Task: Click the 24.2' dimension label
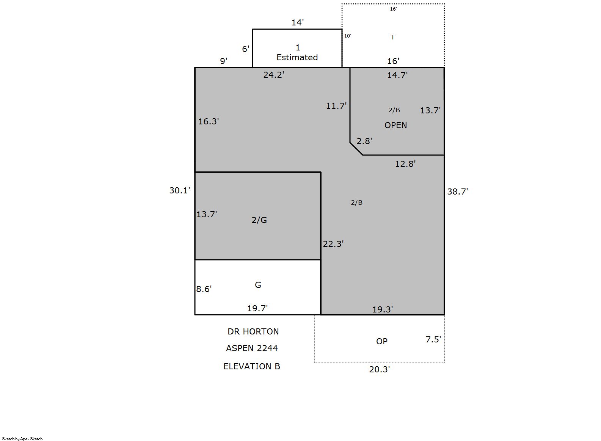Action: coord(274,75)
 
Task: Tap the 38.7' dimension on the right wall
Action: coord(457,191)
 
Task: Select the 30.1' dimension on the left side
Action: coord(179,190)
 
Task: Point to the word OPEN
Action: coord(396,125)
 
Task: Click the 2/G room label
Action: coord(259,220)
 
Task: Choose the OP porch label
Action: coord(382,341)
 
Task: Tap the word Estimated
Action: coord(297,57)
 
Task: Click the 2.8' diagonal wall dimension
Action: coord(364,141)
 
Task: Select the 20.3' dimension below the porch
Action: coord(380,369)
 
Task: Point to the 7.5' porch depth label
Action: coord(433,339)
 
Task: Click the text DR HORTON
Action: coord(253,331)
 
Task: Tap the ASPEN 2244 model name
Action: coord(252,348)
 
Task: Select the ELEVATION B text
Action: coord(252,366)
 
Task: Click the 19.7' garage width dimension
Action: coord(257,308)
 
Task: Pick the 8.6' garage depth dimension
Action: coord(204,289)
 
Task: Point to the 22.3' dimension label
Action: coord(333,244)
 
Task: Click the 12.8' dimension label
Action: coord(405,164)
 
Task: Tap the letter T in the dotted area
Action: coord(393,37)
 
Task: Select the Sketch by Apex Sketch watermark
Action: coord(22,439)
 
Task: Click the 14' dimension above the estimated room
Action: coord(298,22)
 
